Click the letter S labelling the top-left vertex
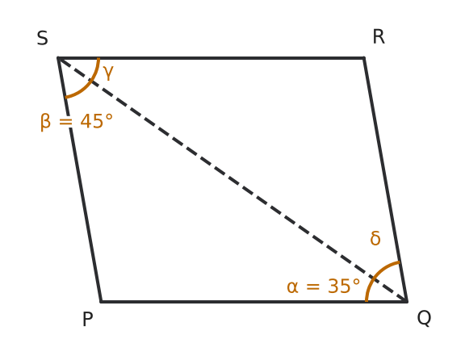coord(43,38)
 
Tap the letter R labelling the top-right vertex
coord(379,37)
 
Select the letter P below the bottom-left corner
coord(87,320)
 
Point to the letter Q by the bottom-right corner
coord(424,318)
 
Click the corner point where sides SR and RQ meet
coord(364,58)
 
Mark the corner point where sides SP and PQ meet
coord(101,302)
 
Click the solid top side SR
coord(211,58)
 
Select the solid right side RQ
coord(386,180)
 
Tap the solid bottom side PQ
coord(254,302)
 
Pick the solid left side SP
coord(79,180)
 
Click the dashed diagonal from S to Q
coord(232,180)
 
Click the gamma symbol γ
coord(108,73)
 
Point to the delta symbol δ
coord(375,238)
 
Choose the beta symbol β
coord(45,122)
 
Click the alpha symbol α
coord(292,287)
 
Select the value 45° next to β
coord(97,121)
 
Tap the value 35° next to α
coord(344,287)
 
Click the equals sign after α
coord(313,287)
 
